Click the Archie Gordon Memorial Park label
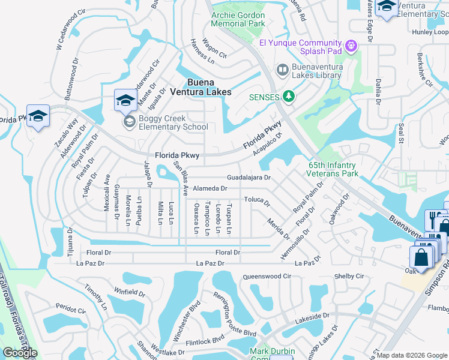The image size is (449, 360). [x=238, y=20]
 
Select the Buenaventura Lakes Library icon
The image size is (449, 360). [x=282, y=70]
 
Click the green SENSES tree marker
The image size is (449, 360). [x=289, y=97]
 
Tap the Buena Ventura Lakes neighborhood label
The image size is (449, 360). [x=200, y=87]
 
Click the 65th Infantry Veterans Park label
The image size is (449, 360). [x=342, y=169]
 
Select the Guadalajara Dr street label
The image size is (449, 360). [x=249, y=178]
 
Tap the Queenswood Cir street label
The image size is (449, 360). [x=267, y=277]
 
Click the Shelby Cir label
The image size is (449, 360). [x=349, y=276]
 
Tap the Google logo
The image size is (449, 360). [x=20, y=353]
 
